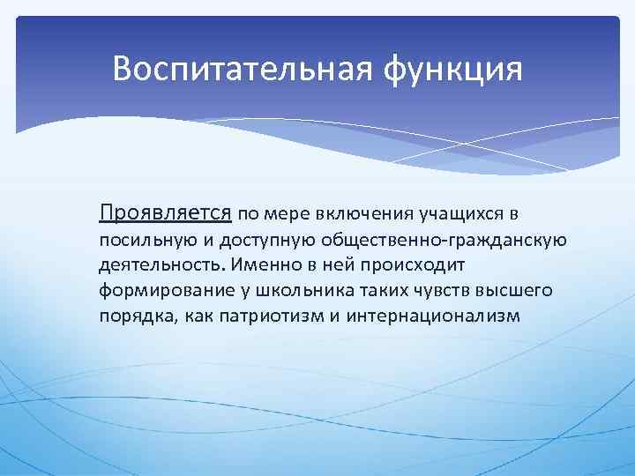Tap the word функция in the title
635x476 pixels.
coord(452,69)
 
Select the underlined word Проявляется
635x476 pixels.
coord(166,212)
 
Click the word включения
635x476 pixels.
coord(347,213)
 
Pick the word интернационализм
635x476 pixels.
coord(433,316)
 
